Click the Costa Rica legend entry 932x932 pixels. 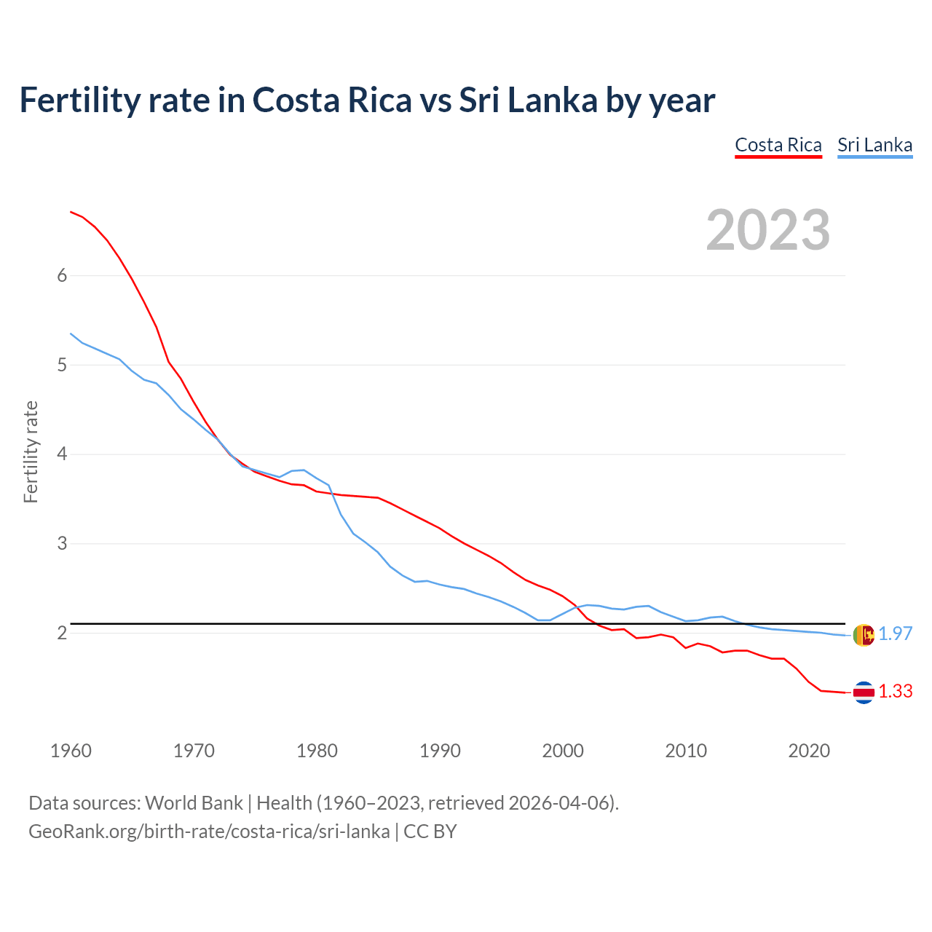tap(778, 145)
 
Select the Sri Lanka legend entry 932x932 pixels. tap(874, 145)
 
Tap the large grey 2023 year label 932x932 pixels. tap(767, 230)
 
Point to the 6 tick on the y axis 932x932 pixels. tap(62, 275)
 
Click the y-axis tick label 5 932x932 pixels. tap(62, 365)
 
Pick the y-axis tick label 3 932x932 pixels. tap(62, 544)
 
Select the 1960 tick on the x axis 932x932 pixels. tap(71, 751)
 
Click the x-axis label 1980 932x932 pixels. tap(317, 751)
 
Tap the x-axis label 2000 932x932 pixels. tap(563, 751)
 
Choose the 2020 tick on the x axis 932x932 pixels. tap(809, 751)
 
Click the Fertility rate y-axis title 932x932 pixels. tap(31, 451)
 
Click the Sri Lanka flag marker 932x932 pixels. tap(864, 635)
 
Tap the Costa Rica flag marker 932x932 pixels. tap(864, 692)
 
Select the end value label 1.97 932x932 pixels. tap(895, 634)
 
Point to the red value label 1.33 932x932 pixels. tap(895, 692)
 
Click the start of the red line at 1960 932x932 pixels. tap(71, 212)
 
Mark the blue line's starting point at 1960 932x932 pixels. tap(71, 333)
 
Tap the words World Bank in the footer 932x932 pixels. tap(194, 803)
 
